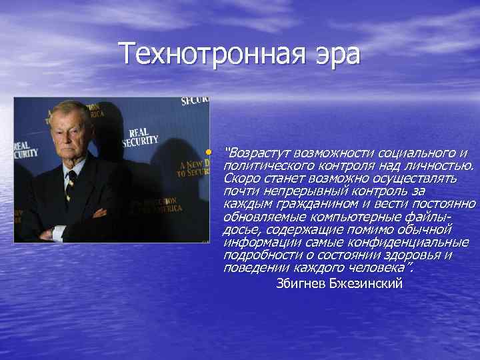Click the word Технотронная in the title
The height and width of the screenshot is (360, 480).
point(203,54)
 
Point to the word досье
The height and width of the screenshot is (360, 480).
point(239,229)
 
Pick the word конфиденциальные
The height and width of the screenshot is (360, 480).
point(409,241)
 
